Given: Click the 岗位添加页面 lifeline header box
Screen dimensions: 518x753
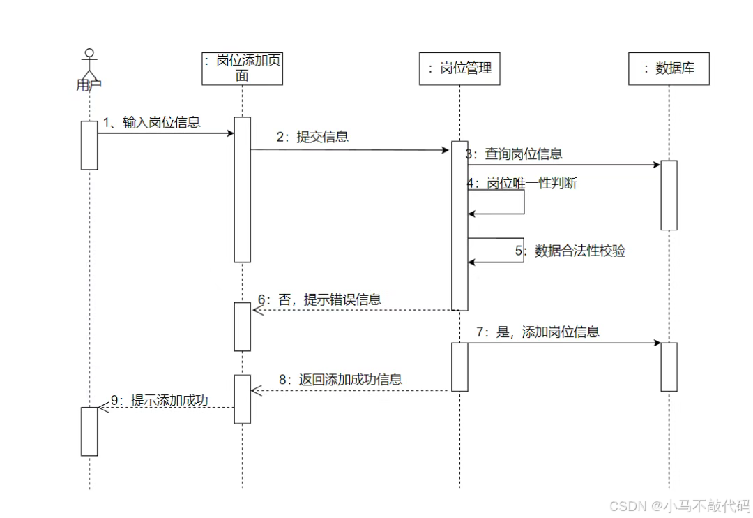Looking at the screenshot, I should (242, 68).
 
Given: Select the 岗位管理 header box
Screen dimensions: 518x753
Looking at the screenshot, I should (459, 68).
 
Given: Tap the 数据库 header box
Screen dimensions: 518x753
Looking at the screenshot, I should (669, 68).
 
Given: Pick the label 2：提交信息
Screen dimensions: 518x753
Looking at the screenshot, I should (312, 137).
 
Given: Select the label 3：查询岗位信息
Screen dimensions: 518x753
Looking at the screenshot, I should (515, 154).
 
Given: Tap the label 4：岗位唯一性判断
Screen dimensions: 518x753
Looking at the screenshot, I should (522, 184).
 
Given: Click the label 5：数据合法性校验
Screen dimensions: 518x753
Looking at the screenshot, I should (570, 251).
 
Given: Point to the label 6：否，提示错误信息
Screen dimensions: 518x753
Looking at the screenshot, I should (319, 299).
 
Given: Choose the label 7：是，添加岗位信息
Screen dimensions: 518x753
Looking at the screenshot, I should (538, 332).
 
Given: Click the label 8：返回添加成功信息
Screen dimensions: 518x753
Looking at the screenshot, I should (340, 379).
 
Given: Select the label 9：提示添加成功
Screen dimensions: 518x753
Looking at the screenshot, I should (160, 400).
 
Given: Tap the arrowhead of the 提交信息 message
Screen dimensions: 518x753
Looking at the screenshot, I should (446, 150).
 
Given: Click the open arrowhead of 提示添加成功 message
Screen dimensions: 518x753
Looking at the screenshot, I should (102, 408).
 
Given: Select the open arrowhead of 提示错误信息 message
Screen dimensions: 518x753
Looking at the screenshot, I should (255, 310).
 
